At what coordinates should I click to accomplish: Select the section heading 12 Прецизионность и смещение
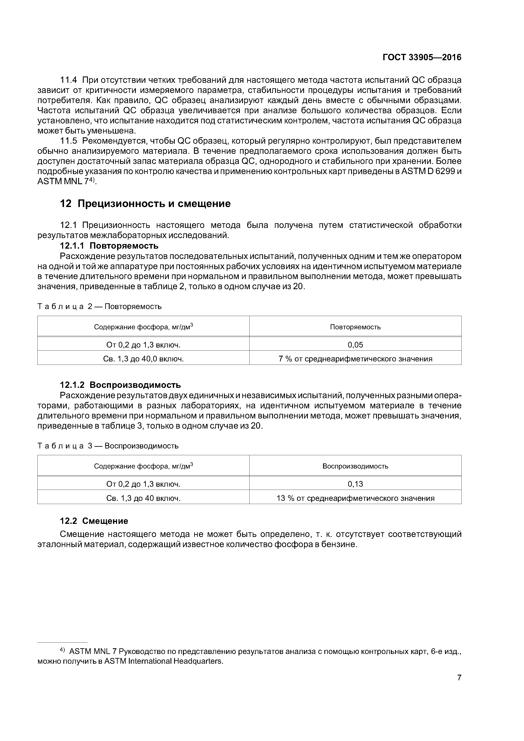pos(145,204)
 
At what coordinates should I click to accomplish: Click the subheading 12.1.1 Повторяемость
pos(109,246)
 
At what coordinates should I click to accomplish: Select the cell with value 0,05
pos(355,345)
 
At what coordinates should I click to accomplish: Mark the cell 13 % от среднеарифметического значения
pos(355,498)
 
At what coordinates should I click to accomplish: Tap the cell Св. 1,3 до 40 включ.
pos(143,498)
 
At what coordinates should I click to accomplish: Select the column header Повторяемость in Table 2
pos(355,327)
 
